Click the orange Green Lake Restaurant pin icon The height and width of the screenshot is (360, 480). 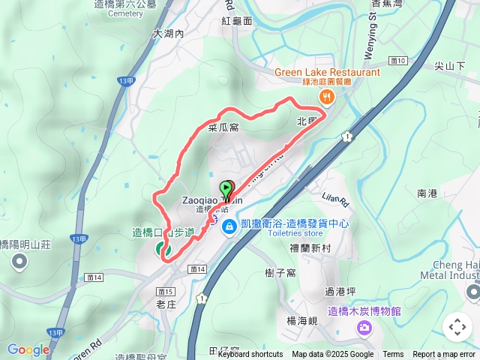coord(326,95)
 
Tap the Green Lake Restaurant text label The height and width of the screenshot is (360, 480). coord(327,72)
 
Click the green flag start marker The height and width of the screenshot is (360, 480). coord(226,189)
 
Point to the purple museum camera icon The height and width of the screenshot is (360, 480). coord(364,327)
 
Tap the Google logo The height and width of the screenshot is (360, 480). coord(28,349)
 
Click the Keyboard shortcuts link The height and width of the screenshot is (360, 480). coord(250,355)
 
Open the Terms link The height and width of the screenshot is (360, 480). coord(393,355)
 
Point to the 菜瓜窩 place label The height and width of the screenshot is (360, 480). coord(223,127)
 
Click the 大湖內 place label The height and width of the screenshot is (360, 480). coord(168,34)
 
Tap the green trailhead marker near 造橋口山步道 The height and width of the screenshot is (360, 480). coord(160,247)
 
